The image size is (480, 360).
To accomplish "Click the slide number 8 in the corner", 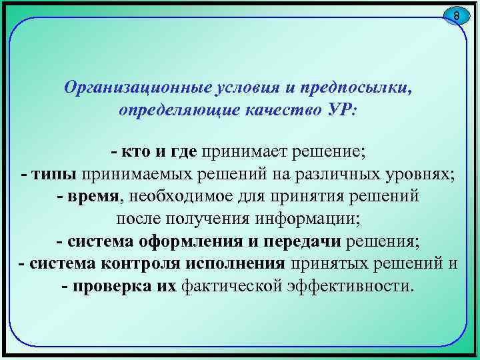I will click(456, 15).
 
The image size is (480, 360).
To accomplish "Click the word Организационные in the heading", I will click(133, 88).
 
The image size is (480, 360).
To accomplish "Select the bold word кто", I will click(137, 152).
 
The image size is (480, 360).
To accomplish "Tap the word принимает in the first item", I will click(241, 152).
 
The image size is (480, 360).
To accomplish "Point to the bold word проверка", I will click(115, 286).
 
